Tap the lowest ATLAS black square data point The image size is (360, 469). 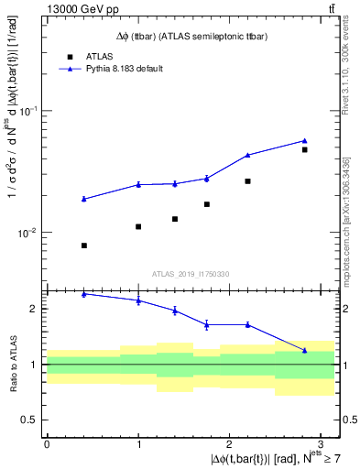84,245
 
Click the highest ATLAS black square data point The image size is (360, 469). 305,149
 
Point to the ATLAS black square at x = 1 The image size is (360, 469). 138,226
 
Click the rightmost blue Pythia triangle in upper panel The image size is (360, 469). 305,141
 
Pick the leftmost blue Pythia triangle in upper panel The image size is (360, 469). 84,199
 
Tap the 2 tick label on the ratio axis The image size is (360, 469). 32,309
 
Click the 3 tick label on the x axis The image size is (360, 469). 322,443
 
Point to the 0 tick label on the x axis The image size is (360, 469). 47,443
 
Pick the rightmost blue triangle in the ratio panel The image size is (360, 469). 305,350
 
